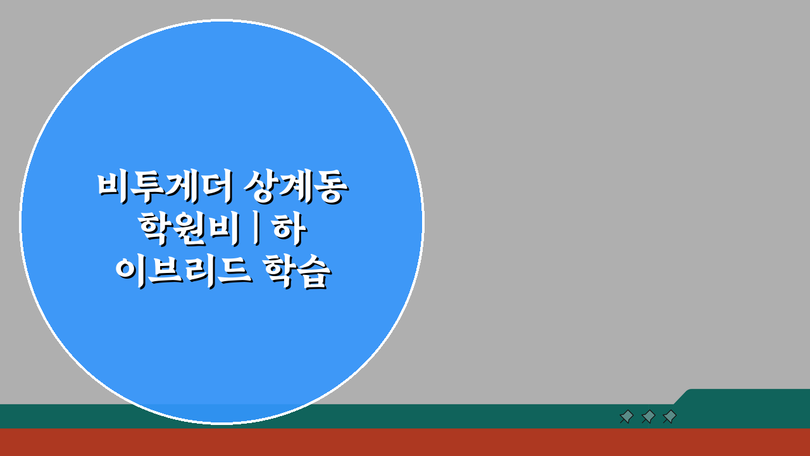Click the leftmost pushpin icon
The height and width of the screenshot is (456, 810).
pos(626,416)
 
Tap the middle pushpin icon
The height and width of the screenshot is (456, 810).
pos(648,416)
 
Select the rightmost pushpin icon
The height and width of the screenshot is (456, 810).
pos(670,416)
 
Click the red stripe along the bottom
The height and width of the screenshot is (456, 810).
pos(405,442)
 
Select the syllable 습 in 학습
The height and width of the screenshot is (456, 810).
pos(314,273)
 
